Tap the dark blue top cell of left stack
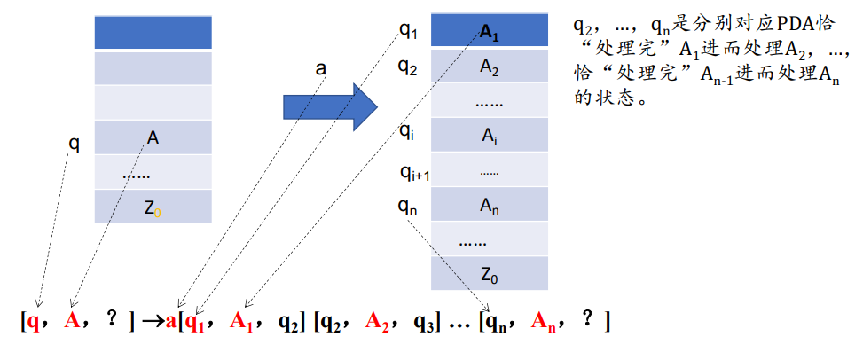(153, 33)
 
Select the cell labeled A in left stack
(153, 137)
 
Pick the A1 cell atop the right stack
(490, 33)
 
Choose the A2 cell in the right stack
(490, 67)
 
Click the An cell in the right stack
(490, 206)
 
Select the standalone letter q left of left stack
(75, 144)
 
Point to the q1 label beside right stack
(408, 32)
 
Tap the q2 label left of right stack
(408, 67)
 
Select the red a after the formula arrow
(170, 319)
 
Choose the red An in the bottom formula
(542, 321)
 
